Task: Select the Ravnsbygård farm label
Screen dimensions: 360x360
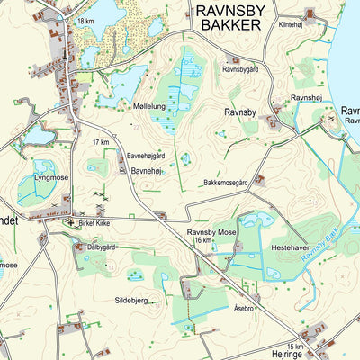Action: click(x=241, y=68)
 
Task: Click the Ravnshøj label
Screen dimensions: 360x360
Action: click(x=306, y=97)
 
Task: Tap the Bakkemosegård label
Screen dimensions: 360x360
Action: click(x=225, y=184)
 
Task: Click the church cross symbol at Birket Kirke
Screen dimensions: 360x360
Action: click(x=70, y=220)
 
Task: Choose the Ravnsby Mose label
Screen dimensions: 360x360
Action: click(x=211, y=231)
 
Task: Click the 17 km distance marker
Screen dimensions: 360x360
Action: click(x=101, y=142)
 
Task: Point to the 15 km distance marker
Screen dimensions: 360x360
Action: click(x=296, y=346)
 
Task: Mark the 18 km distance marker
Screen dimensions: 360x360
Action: click(x=85, y=21)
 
